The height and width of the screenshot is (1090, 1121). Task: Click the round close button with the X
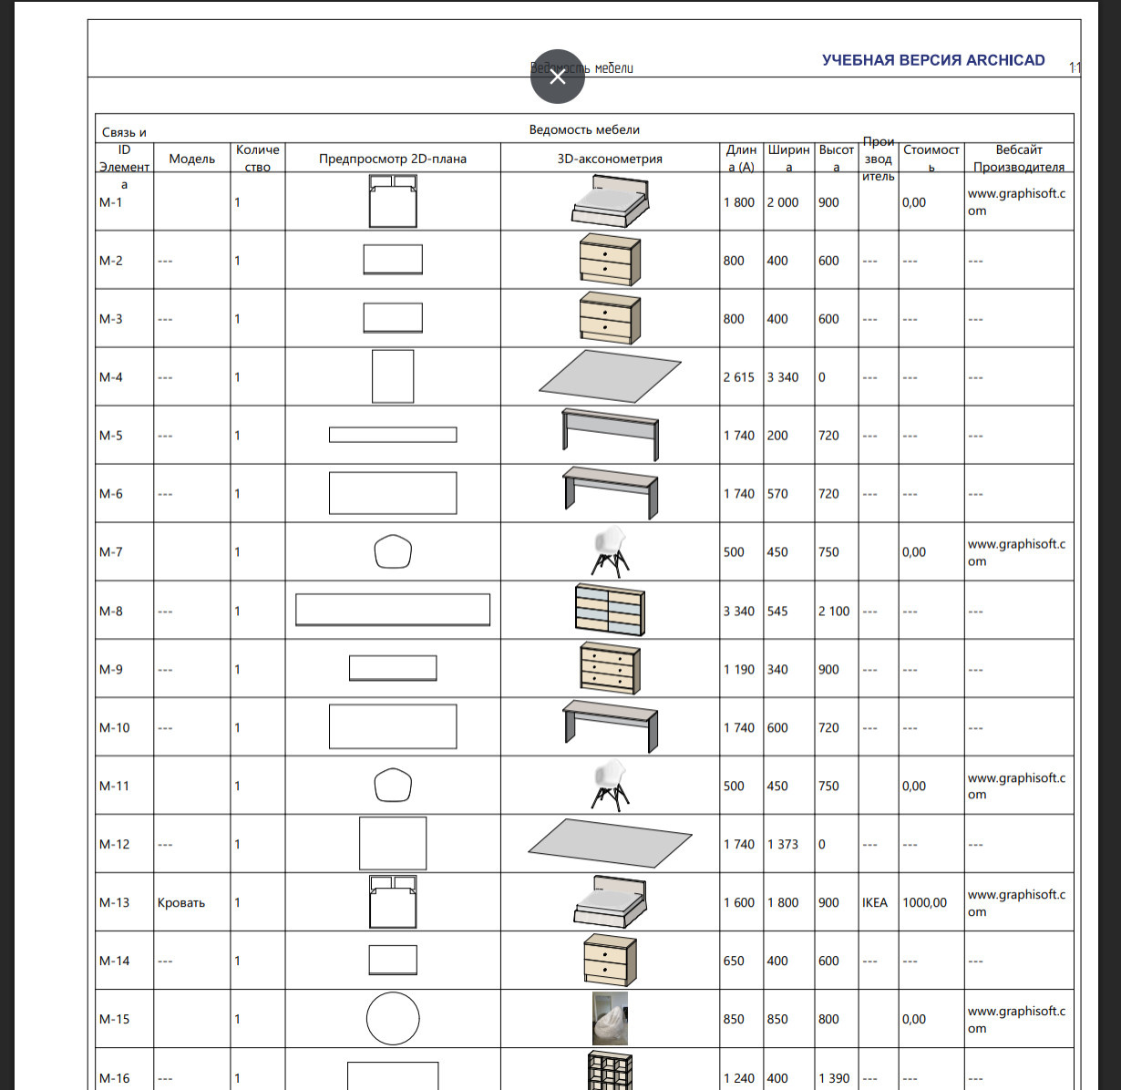tap(558, 77)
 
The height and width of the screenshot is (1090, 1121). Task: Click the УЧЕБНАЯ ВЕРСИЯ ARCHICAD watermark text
tap(933, 60)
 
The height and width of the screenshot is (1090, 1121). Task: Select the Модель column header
tap(191, 159)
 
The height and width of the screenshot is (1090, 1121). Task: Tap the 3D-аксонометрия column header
tap(610, 159)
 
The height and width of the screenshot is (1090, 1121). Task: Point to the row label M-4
tap(111, 377)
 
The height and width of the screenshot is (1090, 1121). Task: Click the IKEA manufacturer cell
tap(875, 902)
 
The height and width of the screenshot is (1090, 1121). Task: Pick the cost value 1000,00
tap(924, 902)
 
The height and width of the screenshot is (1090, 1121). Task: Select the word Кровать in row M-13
tap(181, 902)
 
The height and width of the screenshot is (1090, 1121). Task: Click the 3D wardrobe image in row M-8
tap(610, 610)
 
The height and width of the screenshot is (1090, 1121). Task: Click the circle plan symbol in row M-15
tap(393, 1019)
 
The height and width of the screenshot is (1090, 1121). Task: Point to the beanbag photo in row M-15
tap(610, 1019)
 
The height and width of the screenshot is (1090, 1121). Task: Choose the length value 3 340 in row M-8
tap(739, 611)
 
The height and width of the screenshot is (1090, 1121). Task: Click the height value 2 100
tap(834, 611)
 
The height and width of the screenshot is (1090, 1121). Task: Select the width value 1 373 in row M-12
tap(783, 844)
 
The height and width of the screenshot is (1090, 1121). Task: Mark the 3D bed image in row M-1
tap(610, 201)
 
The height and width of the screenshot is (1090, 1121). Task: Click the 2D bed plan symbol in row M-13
tap(393, 901)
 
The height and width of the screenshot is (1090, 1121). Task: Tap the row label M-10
tap(115, 727)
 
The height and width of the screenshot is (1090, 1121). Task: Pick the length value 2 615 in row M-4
tap(739, 377)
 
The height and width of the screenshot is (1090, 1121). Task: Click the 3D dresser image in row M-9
tap(610, 668)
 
